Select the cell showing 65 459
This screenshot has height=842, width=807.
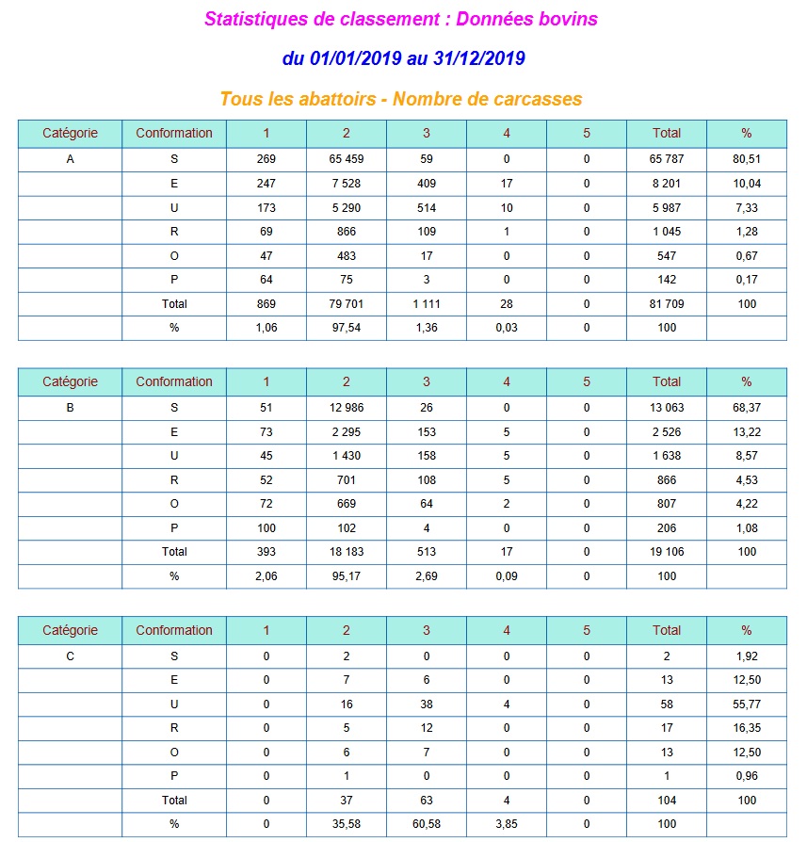[x=347, y=159]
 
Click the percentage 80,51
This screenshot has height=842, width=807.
[x=747, y=159]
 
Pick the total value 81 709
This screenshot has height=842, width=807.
[x=667, y=304]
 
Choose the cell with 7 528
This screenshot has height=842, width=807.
[x=347, y=184]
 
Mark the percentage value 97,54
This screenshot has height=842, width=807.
[x=347, y=328]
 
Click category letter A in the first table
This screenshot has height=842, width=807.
[x=70, y=159]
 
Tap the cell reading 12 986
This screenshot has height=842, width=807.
[x=347, y=408]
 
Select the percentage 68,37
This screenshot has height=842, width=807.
[x=747, y=408]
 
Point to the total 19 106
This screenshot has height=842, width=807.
[x=667, y=552]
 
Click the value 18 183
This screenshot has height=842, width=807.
[x=347, y=552]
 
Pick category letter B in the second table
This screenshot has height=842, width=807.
[x=70, y=408]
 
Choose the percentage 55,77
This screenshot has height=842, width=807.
[x=747, y=704]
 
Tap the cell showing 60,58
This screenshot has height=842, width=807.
[x=427, y=824]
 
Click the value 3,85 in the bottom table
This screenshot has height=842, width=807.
[x=507, y=824]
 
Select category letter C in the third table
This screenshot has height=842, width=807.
[x=70, y=656]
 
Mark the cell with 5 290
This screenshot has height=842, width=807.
[x=347, y=207]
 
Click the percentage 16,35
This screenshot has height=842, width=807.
[x=747, y=728]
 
